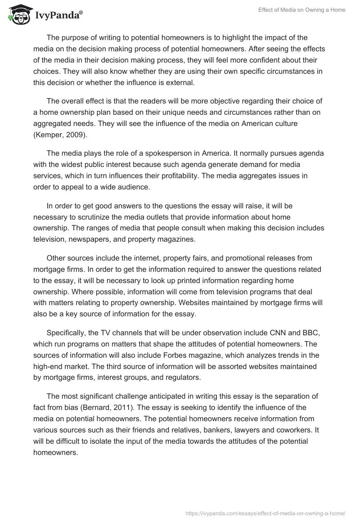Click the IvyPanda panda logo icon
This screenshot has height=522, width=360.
[17, 14]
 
